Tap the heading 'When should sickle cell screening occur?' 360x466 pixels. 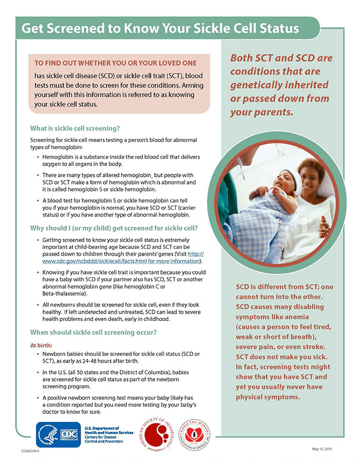click(x=94, y=332)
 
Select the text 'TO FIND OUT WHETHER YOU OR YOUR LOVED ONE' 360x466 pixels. click(x=115, y=63)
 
